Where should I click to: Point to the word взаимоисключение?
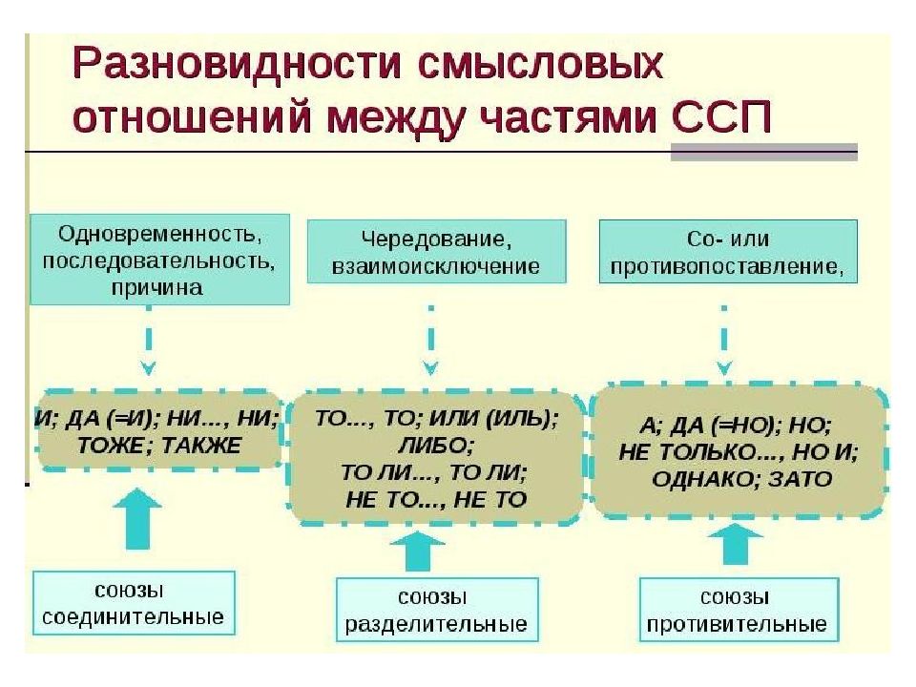pos(436,266)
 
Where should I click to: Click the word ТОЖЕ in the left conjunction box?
pos(112,445)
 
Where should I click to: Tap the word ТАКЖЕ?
pos(202,445)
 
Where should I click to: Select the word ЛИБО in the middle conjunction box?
pos(433,445)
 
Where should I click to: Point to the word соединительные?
pos(134,616)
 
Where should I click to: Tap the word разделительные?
pos(436,625)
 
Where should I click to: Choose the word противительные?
pos(737,625)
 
